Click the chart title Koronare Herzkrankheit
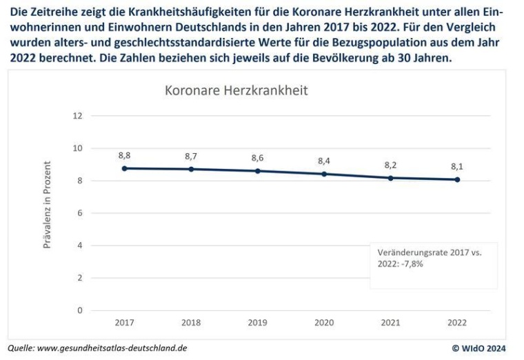tap(236, 90)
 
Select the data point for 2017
tap(124, 168)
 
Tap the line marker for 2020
tap(324, 174)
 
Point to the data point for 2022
tap(457, 180)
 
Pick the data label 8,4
tap(324, 161)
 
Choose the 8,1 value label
tap(457, 166)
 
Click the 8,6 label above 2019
tap(258, 158)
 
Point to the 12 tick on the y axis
tap(77, 116)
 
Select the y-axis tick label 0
tap(79, 310)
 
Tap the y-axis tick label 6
tap(79, 213)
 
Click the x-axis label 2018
tap(191, 322)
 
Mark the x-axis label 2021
tap(390, 322)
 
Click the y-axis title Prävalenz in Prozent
tap(48, 205)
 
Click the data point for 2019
tap(258, 171)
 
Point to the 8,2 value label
tap(390, 165)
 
